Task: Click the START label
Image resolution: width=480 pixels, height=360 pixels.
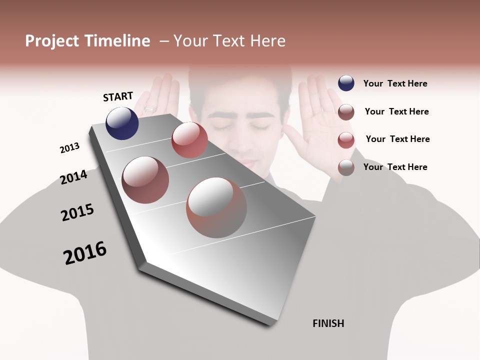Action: [x=118, y=96]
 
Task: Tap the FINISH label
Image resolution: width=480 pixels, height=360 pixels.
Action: [x=328, y=323]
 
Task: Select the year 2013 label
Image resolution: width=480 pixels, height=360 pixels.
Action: [x=69, y=148]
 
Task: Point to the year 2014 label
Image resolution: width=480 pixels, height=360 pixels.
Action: [x=73, y=177]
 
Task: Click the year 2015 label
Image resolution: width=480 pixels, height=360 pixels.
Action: [x=77, y=212]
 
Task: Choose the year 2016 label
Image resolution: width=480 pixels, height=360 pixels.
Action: [x=85, y=253]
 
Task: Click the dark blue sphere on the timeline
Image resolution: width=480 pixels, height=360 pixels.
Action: [x=122, y=123]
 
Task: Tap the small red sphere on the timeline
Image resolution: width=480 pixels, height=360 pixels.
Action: [x=189, y=140]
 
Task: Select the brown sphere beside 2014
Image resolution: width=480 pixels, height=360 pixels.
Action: [x=145, y=180]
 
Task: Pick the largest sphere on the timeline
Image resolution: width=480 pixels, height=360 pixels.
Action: [x=216, y=207]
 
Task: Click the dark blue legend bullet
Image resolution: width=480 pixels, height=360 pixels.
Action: [x=346, y=83]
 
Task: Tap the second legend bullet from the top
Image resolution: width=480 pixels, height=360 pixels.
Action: [x=346, y=112]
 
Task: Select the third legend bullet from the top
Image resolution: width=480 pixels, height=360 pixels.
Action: [x=346, y=140]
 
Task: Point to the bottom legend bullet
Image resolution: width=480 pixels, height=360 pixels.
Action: [x=346, y=167]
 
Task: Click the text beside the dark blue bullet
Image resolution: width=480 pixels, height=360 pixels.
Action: [x=395, y=83]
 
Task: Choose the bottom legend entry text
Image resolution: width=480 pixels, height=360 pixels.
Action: [x=395, y=167]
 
